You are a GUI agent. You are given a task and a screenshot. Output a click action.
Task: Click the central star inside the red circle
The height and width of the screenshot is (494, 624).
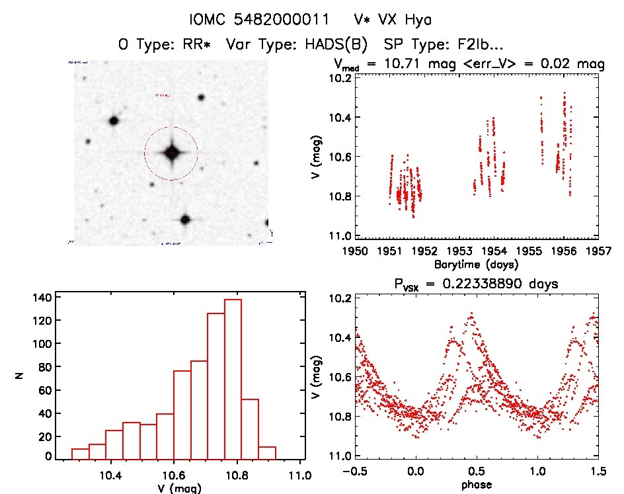[171, 153]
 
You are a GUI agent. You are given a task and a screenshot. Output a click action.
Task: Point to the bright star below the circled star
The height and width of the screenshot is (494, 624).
[185, 220]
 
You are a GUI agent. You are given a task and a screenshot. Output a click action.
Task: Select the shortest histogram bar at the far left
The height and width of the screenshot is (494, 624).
[80, 454]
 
